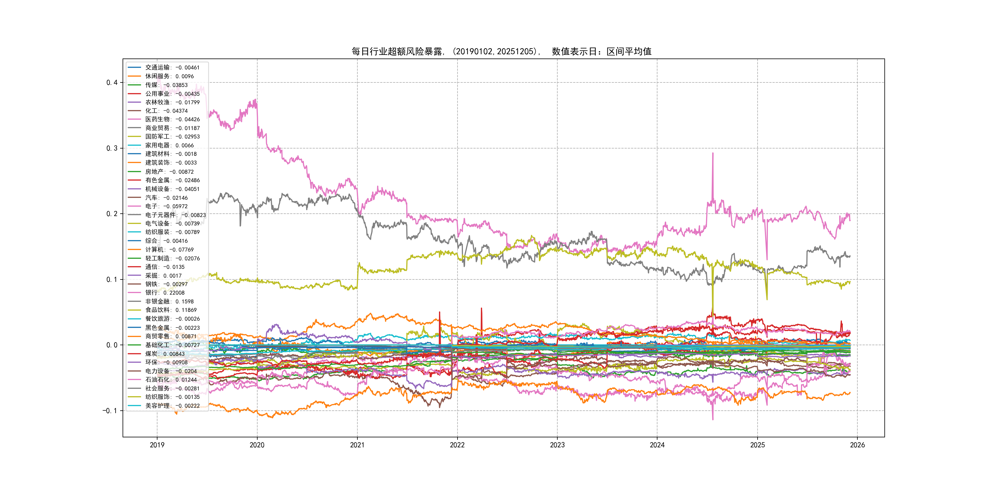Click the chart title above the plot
502,52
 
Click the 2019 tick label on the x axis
157,445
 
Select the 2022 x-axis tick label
457,445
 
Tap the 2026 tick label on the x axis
857,445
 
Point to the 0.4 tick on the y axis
112,83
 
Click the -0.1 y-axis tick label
110,411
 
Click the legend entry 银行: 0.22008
164,293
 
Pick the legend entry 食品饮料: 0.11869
171,310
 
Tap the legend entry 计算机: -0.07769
169,250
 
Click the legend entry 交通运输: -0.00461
172,68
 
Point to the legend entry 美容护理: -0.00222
172,406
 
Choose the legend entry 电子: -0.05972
166,206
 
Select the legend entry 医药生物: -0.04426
172,119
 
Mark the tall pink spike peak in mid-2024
712,154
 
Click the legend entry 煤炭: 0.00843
164,354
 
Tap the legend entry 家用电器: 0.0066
169,145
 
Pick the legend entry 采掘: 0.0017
163,276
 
